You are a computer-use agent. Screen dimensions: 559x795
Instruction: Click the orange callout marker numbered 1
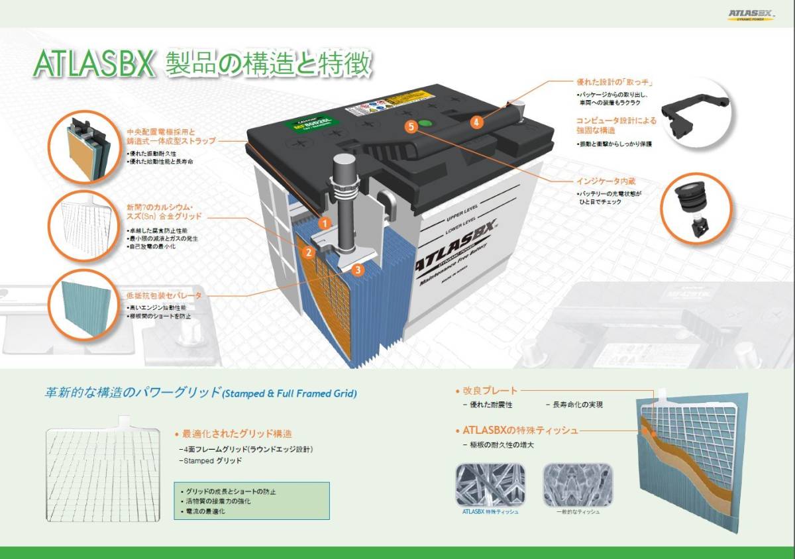324,223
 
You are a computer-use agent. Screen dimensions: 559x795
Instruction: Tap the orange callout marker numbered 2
307,252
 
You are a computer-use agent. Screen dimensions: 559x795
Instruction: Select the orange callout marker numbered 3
358,270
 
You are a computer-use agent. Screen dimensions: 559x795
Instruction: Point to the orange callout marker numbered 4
476,122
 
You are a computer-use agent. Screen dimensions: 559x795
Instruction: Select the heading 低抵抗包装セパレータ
164,295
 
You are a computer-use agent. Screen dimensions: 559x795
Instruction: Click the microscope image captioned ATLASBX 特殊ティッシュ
490,485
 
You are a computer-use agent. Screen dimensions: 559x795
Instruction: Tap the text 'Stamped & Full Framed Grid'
290,393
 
